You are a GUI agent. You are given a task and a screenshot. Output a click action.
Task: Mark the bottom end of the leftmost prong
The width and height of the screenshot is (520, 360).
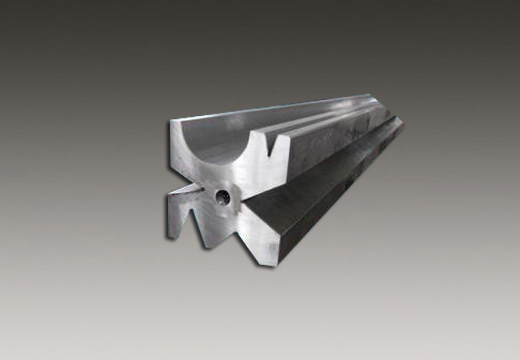(173, 236)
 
